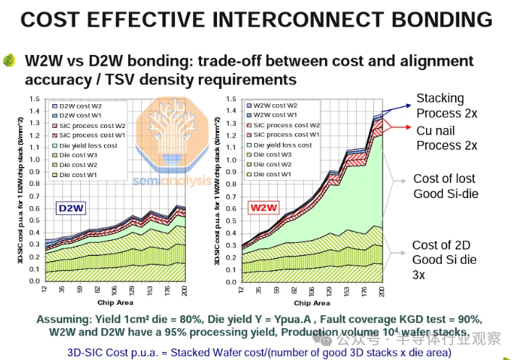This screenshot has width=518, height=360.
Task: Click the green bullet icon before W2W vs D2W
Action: (x=9, y=61)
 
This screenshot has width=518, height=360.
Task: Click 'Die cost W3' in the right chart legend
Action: (x=272, y=155)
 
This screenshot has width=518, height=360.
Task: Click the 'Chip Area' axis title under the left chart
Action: (x=114, y=301)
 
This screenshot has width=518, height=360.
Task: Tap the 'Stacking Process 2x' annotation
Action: (x=446, y=106)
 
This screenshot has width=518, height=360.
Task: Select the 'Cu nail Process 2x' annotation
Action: (x=446, y=137)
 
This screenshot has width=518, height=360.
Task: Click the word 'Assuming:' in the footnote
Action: (x=62, y=319)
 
